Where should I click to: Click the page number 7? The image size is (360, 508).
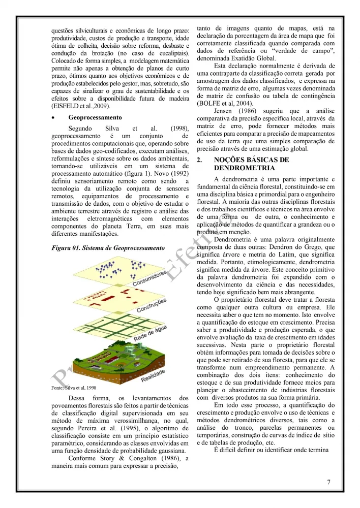click(328, 482)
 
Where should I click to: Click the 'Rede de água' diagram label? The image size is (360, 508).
click(151, 332)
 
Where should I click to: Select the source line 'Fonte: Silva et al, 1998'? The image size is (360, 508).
click(74, 388)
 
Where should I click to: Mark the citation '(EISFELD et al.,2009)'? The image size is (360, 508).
click(81, 106)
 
